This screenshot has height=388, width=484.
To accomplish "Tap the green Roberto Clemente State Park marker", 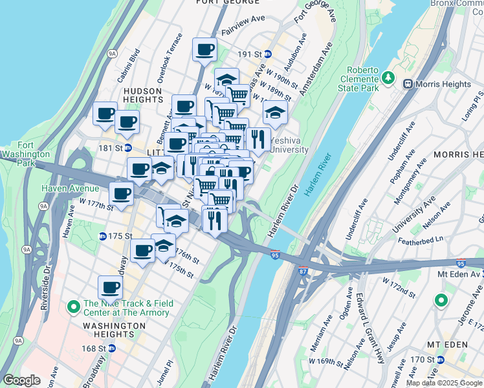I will (388, 78).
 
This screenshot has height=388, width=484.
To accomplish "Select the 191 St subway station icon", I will (267, 54).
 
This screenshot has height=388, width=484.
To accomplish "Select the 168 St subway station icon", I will (111, 348).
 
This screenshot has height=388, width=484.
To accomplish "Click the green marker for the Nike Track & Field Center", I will (73, 305).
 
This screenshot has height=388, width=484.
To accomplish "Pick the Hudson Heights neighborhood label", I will (142, 96).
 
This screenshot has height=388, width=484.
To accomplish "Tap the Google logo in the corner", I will (21, 380).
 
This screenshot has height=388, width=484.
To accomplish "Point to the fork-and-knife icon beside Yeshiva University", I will (258, 140).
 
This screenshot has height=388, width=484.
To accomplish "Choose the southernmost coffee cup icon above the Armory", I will (110, 288).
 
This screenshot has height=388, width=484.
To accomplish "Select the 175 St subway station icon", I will (102, 236).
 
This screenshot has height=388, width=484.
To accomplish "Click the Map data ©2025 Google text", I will (444, 383).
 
